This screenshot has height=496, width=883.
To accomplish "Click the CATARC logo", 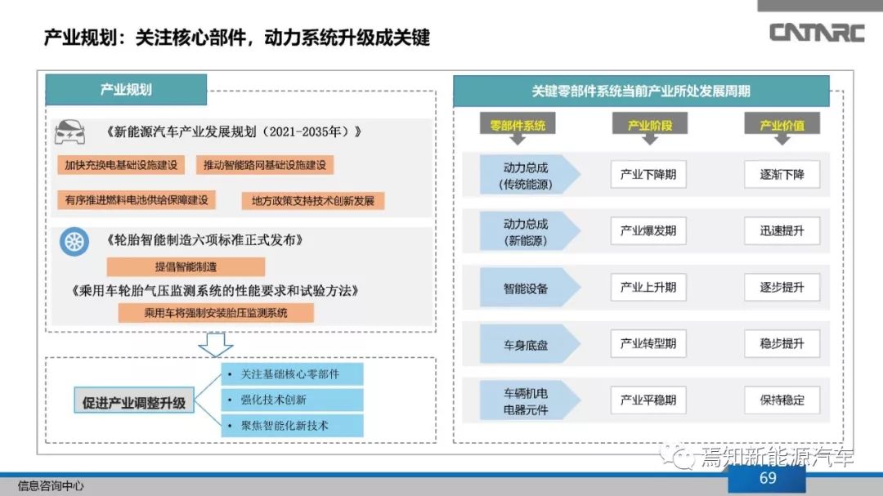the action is coord(817,33).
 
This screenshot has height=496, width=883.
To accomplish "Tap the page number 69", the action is coord(768,479).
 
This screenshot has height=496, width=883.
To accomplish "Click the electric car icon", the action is coord(69,133).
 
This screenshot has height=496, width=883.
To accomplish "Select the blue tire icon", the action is coord(74,242).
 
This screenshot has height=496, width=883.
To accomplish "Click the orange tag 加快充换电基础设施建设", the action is coord(121,165).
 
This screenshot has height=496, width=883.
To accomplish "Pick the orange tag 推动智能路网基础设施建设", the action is coord(265,165).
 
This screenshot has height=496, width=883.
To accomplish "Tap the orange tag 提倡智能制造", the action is coord(186,267).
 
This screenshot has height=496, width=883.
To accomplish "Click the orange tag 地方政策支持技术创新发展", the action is coord(313,201).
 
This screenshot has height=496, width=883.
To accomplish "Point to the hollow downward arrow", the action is coord(216,345).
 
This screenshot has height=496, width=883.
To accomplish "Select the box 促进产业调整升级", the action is coord(134,401).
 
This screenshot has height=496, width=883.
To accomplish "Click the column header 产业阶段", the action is coord(650,126).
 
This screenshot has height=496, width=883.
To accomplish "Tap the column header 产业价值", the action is coord(782,126).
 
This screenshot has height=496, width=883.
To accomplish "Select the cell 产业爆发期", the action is coord(648,230).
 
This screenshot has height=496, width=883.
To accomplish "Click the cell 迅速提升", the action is coord(782,230).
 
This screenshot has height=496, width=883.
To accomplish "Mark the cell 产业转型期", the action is coord(648,343).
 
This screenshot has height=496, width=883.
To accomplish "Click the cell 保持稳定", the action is coord(782,400).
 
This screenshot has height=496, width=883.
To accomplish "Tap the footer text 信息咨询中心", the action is coord(51,486).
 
